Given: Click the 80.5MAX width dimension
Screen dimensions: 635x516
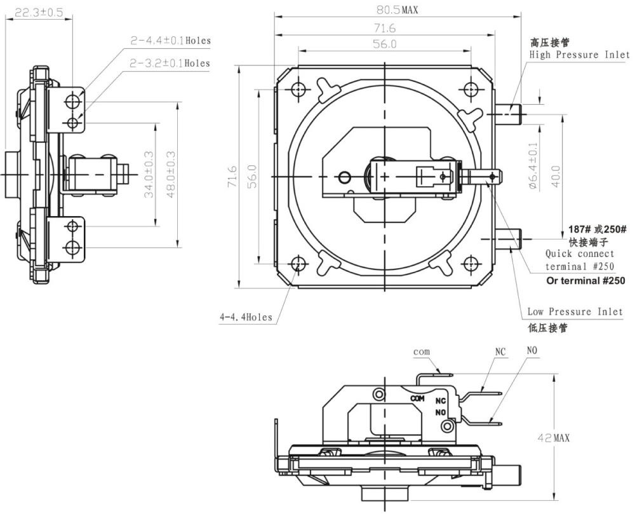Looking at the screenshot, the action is click(398, 10).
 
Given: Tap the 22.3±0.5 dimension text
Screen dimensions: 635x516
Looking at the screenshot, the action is click(39, 13).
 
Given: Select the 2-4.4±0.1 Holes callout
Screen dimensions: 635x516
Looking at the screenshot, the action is click(170, 41).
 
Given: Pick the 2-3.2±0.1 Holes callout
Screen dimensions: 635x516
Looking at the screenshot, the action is click(170, 64).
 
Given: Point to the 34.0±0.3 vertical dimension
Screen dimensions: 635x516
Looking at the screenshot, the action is click(149, 174).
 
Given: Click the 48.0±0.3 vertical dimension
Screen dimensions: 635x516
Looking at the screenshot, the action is click(171, 174).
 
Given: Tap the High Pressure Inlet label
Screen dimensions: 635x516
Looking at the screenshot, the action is click(580, 55).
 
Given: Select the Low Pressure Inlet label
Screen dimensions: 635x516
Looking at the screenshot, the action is click(575, 312).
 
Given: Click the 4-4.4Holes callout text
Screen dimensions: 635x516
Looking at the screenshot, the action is click(246, 317).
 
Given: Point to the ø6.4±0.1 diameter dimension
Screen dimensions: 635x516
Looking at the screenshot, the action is click(533, 166).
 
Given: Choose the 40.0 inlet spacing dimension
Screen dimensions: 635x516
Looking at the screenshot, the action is click(556, 176).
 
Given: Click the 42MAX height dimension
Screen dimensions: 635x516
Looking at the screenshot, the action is click(553, 438).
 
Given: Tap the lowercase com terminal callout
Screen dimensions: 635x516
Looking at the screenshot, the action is click(422, 352).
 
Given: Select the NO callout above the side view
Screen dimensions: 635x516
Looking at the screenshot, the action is click(531, 351).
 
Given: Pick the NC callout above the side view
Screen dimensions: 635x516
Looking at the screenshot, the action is click(500, 351).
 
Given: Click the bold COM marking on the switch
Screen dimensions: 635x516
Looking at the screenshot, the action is click(418, 398).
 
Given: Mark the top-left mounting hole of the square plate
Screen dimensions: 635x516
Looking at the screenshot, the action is click(298, 89).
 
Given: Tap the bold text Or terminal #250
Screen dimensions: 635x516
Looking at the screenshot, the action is click(585, 280).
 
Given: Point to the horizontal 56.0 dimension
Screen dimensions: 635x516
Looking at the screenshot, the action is click(385, 44).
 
